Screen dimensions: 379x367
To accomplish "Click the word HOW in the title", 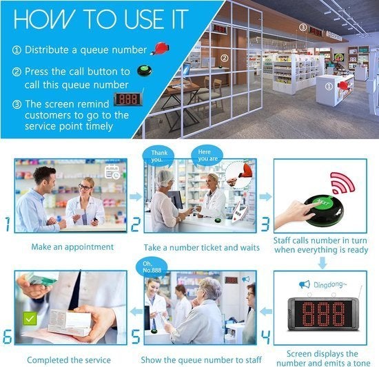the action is click(x=44, y=19).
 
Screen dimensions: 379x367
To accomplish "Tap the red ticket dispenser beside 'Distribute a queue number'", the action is click(x=160, y=48).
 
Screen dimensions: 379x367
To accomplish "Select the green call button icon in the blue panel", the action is click(x=145, y=70).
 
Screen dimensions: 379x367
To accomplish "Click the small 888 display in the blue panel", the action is click(x=129, y=99).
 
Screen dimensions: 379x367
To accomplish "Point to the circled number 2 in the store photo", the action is click(x=225, y=58).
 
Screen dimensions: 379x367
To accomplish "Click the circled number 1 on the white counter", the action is click(x=329, y=86).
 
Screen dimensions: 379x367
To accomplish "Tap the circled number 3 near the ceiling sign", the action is click(x=303, y=28).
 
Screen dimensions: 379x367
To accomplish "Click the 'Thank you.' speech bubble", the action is click(x=158, y=156).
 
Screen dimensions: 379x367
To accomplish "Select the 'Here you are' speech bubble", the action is click(x=207, y=156).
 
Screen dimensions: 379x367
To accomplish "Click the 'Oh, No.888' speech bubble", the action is click(x=152, y=267).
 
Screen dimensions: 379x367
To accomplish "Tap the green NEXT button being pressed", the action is click(x=322, y=203).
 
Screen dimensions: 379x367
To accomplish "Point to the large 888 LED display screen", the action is click(x=323, y=314).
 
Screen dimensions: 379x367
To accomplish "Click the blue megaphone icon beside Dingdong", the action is click(x=305, y=284).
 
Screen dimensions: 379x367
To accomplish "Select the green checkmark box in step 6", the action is click(x=30, y=319).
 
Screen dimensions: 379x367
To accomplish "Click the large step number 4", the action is click(x=266, y=337).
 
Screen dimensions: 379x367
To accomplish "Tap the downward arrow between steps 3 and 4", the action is click(x=322, y=263).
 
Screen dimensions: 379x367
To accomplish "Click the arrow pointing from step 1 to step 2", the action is click(x=136, y=196).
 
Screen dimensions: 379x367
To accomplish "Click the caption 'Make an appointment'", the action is click(x=72, y=247).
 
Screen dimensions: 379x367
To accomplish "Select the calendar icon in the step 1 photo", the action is click(x=112, y=172).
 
